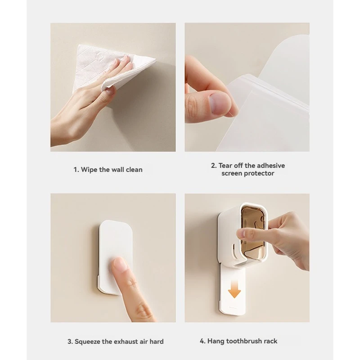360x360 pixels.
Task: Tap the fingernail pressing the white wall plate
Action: pyautogui.click(x=120, y=264)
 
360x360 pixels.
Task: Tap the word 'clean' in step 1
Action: pyautogui.click(x=134, y=170)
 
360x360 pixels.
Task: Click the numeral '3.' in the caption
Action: pyautogui.click(x=70, y=342)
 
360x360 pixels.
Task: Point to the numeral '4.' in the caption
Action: pyautogui.click(x=202, y=341)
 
